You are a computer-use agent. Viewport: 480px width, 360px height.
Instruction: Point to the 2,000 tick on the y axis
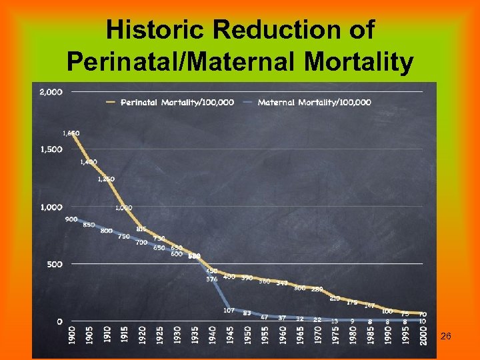click(51, 91)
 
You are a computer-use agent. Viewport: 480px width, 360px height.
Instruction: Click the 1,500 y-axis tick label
click(51, 149)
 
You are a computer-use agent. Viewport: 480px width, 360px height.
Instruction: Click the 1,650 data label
click(71, 133)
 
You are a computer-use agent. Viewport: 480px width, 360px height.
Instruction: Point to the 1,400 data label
click(88, 162)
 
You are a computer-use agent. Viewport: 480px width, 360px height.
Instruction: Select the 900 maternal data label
click(71, 219)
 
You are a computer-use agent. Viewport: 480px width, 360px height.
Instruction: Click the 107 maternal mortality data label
click(229, 310)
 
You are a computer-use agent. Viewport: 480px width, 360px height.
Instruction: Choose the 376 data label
click(211, 279)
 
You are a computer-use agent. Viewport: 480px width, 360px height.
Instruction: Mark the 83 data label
click(247, 313)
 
